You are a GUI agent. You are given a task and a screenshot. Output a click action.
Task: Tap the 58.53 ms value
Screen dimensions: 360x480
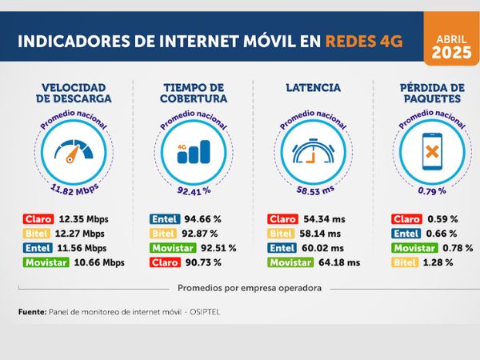pos(311,191)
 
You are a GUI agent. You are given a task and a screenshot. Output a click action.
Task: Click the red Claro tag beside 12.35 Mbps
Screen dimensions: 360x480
pos(38,219)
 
